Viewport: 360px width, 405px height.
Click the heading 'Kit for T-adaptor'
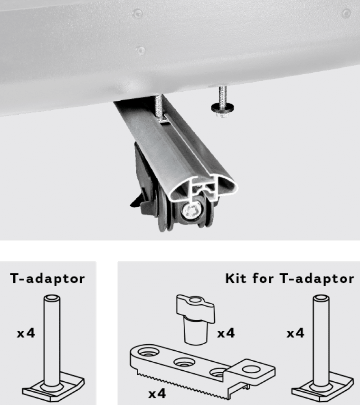pyautogui.click(x=289, y=279)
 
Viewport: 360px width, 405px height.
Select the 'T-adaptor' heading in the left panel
pyautogui.click(x=48, y=279)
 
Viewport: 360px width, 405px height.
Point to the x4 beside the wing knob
pyautogui.click(x=226, y=333)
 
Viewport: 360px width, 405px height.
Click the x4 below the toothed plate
pyautogui.click(x=157, y=394)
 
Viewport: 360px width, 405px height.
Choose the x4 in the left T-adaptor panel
pyautogui.click(x=26, y=333)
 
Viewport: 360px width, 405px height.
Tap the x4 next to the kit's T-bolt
pyautogui.click(x=295, y=333)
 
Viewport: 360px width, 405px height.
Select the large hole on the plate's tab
pyautogui.click(x=252, y=369)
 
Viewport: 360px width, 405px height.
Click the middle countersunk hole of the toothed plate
pyautogui.click(x=184, y=362)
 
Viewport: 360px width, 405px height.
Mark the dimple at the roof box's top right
pyautogui.click(x=346, y=13)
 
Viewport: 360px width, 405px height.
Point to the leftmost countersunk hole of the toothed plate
pyautogui.click(x=148, y=352)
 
